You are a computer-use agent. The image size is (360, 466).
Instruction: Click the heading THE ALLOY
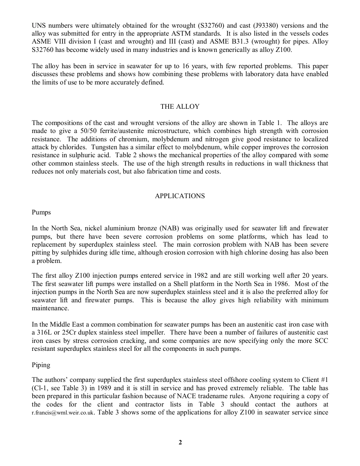pyautogui.click(x=180, y=107)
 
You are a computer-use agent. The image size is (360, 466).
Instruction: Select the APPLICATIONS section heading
pyautogui.click(x=180, y=196)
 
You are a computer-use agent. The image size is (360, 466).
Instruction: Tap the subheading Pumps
pyautogui.click(x=41, y=212)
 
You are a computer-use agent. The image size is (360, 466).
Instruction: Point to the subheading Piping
pyautogui.click(x=41, y=365)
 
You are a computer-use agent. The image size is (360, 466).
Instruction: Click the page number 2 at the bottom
pyautogui.click(x=180, y=443)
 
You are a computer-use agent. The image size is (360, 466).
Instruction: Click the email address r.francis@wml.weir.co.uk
pyautogui.click(x=63, y=413)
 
